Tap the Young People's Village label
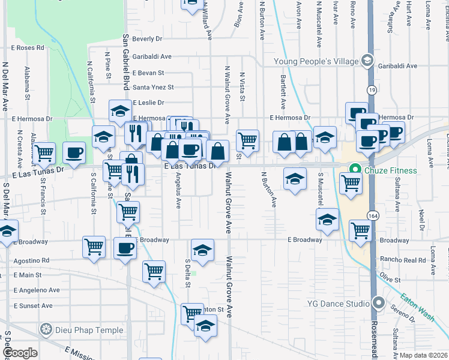click(315, 61)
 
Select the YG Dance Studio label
click(341, 304)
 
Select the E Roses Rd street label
click(28, 47)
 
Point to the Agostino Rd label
click(31, 261)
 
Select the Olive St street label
click(390, 280)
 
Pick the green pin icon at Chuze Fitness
click(355, 170)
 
